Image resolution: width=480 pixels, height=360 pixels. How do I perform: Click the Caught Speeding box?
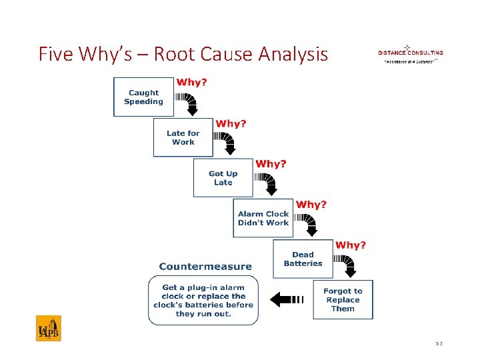click(x=143, y=97)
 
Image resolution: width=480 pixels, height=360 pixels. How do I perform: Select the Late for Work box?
click(x=183, y=137)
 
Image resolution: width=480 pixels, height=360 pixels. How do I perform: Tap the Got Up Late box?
click(x=223, y=178)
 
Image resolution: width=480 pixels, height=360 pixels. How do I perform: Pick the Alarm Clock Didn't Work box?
click(x=263, y=218)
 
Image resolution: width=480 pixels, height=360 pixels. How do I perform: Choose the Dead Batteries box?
click(x=303, y=259)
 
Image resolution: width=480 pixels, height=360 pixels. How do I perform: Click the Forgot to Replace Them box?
click(x=343, y=299)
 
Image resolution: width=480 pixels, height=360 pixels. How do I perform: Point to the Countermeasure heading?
click(x=205, y=267)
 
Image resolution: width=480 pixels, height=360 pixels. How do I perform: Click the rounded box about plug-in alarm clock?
click(x=203, y=301)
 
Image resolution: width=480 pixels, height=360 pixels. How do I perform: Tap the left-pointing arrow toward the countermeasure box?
click(x=287, y=299)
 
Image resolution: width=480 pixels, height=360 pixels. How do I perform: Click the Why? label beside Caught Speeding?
click(x=191, y=83)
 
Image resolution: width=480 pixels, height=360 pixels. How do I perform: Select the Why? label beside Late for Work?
click(x=231, y=123)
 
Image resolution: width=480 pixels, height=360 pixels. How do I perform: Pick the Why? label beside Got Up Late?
click(x=271, y=163)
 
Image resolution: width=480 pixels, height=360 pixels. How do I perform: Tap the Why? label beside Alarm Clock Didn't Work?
click(x=311, y=204)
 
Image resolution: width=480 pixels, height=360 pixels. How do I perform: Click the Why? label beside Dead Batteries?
click(x=351, y=245)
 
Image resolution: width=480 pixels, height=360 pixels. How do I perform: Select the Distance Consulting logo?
click(x=410, y=54)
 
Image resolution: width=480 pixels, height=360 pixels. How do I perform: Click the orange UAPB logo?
click(x=49, y=328)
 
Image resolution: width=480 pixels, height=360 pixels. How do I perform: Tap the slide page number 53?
click(x=439, y=343)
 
